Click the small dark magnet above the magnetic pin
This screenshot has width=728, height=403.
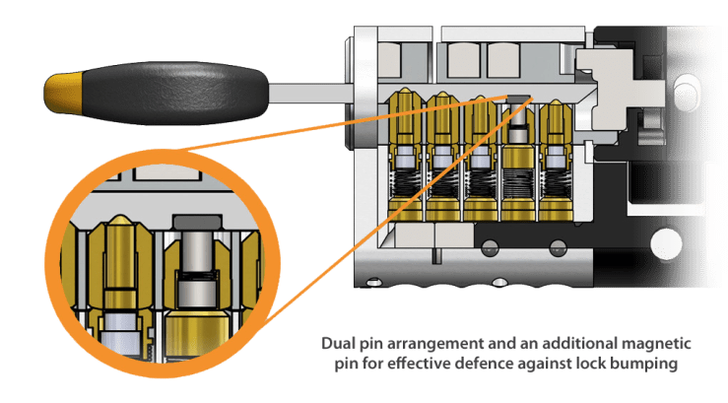[x=516, y=98]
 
